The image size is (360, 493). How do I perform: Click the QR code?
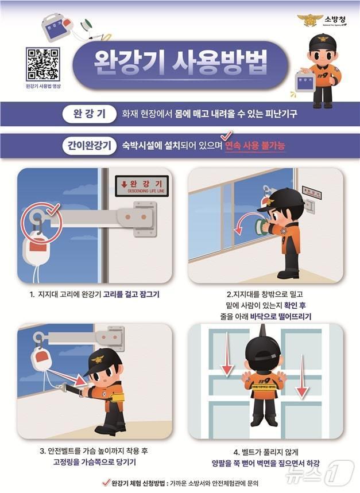point(42,64)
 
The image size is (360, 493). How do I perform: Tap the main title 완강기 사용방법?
point(173,65)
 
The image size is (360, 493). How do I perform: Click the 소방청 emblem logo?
point(308,21)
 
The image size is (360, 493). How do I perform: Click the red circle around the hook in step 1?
point(40,220)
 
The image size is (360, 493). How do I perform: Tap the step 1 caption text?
point(94,295)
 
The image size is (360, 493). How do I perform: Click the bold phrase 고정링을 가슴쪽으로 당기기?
point(94,462)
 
